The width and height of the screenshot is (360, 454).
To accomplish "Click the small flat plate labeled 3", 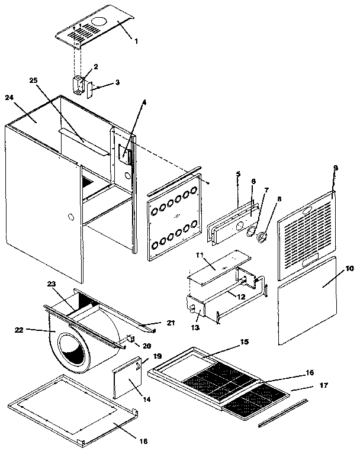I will coord(92,90).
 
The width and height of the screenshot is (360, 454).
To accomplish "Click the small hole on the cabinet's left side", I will coord(70,218).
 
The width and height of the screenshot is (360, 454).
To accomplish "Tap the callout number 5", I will coord(238,174).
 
